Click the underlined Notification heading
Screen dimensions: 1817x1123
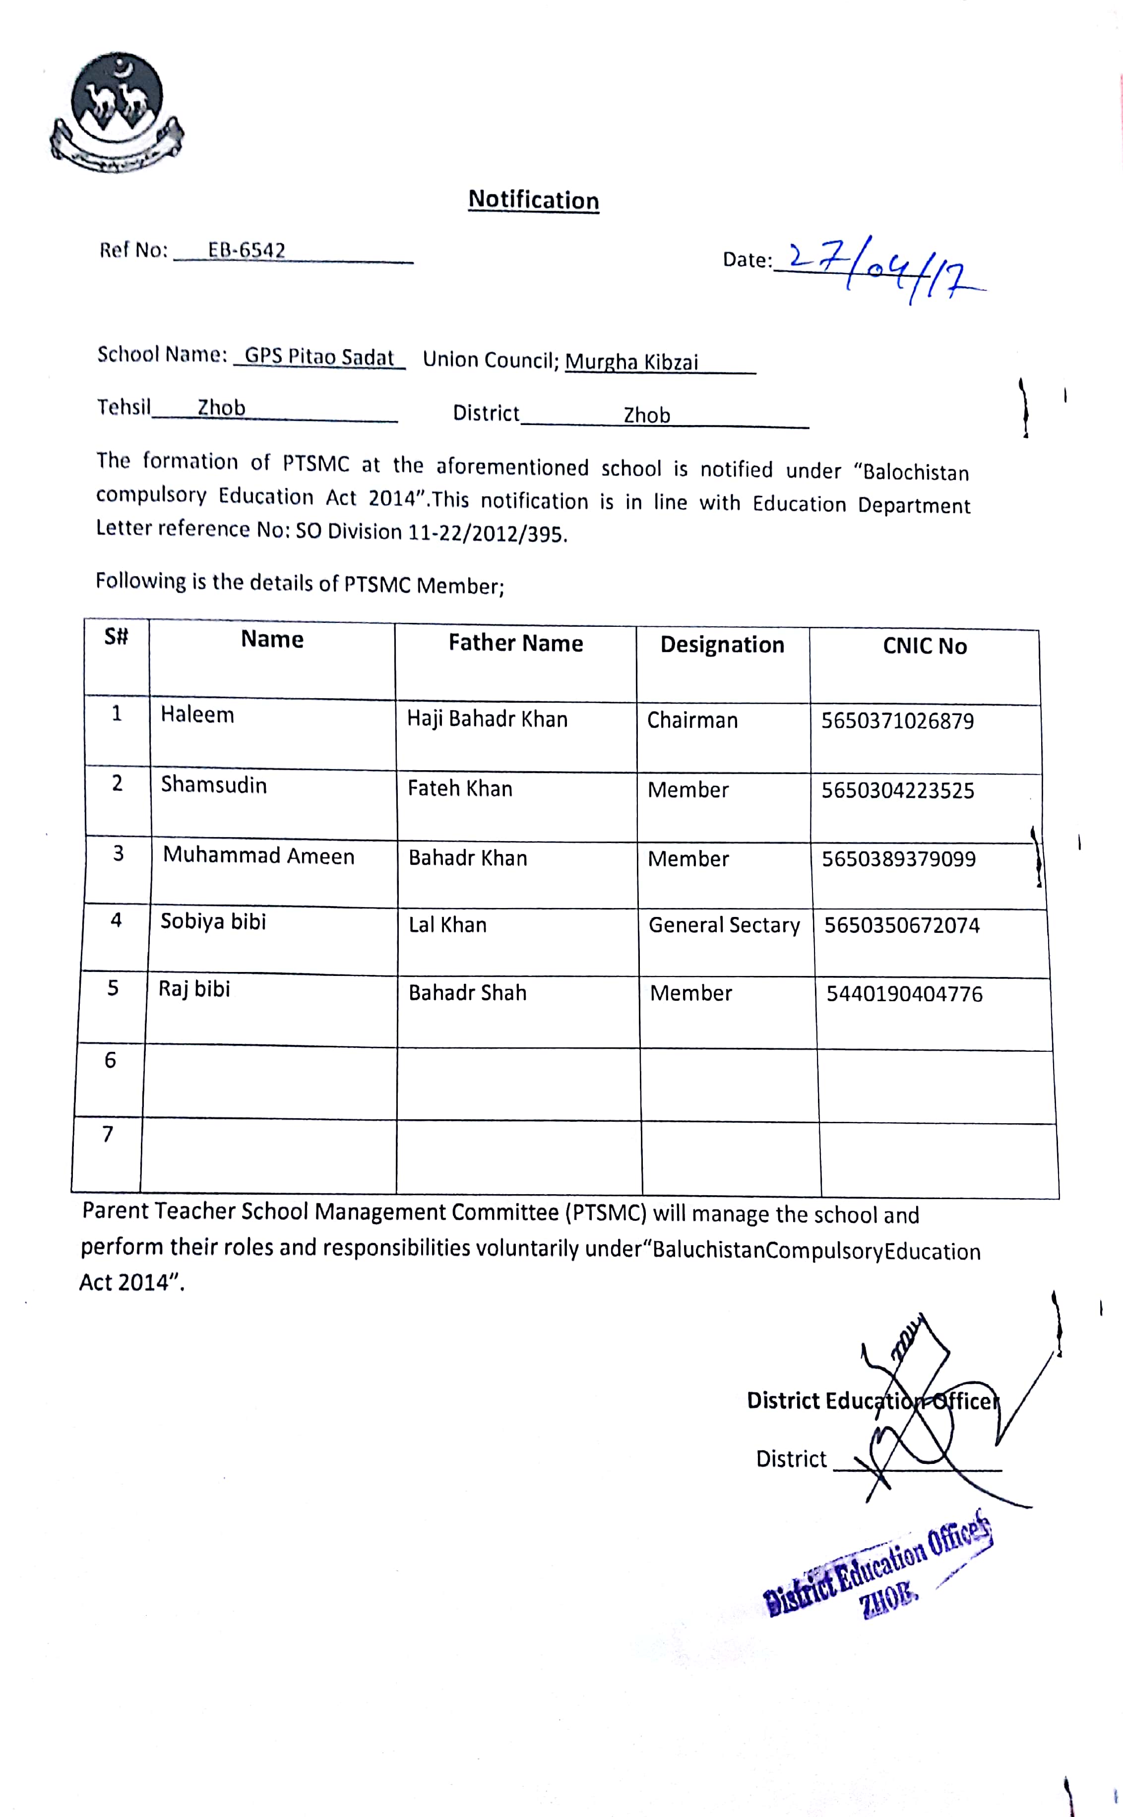point(533,200)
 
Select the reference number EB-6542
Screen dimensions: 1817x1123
point(247,250)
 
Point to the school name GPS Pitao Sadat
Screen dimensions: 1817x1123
point(319,357)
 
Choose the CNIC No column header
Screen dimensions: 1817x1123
point(925,646)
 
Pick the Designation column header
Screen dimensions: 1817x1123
point(722,645)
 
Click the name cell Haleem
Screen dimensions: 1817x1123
point(197,714)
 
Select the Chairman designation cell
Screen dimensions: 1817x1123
point(692,720)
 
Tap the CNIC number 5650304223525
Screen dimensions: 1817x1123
point(897,790)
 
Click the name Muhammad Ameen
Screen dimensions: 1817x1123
point(258,855)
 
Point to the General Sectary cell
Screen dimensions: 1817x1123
point(724,925)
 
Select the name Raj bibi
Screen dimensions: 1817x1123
point(194,989)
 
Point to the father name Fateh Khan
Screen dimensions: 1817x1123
point(460,788)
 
